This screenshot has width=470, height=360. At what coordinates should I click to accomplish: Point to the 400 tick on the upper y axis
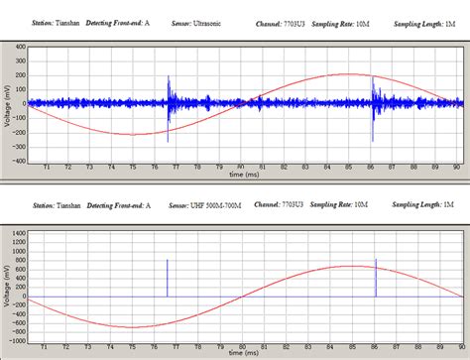[x=20, y=46]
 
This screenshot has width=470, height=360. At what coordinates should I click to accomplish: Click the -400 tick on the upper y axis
[x=18, y=160]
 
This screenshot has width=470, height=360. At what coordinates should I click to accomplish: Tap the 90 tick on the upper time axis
[x=455, y=168]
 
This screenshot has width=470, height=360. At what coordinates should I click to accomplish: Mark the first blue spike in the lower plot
[x=168, y=277]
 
